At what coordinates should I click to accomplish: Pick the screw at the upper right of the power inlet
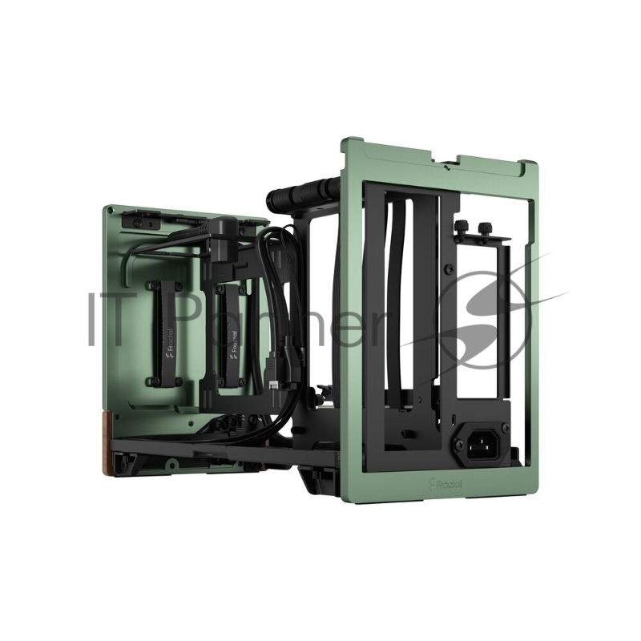coord(504,422)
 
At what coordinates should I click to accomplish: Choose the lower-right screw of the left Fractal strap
coord(178,381)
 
